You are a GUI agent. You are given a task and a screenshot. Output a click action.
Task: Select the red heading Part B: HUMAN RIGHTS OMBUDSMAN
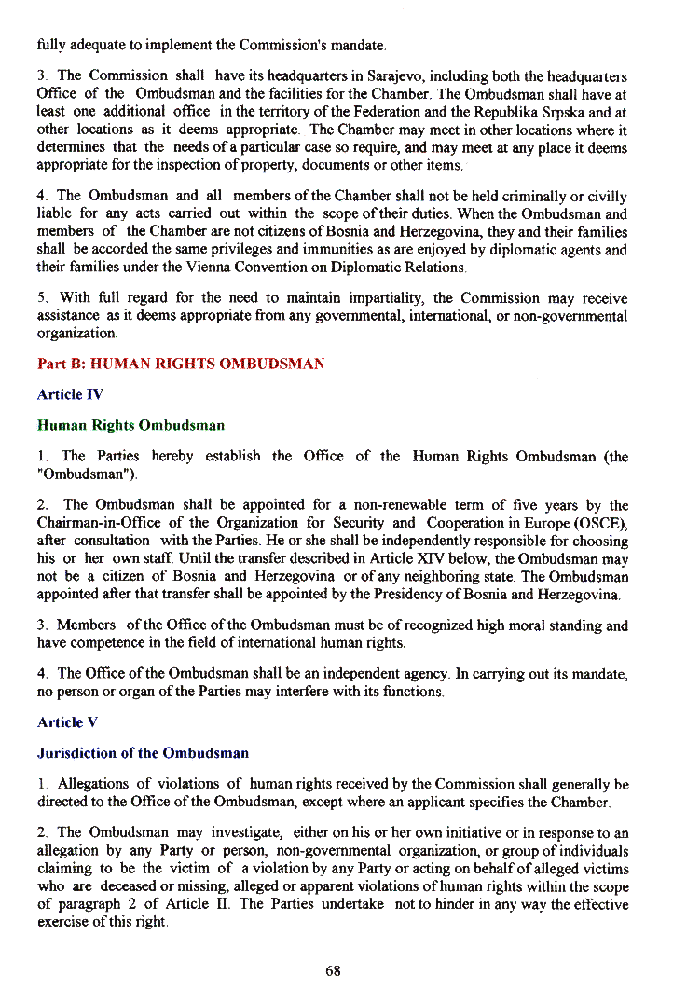pos(181,363)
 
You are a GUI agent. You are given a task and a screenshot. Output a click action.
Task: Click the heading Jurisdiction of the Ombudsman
pos(143,752)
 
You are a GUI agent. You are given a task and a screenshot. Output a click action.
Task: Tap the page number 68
pos(333,970)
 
